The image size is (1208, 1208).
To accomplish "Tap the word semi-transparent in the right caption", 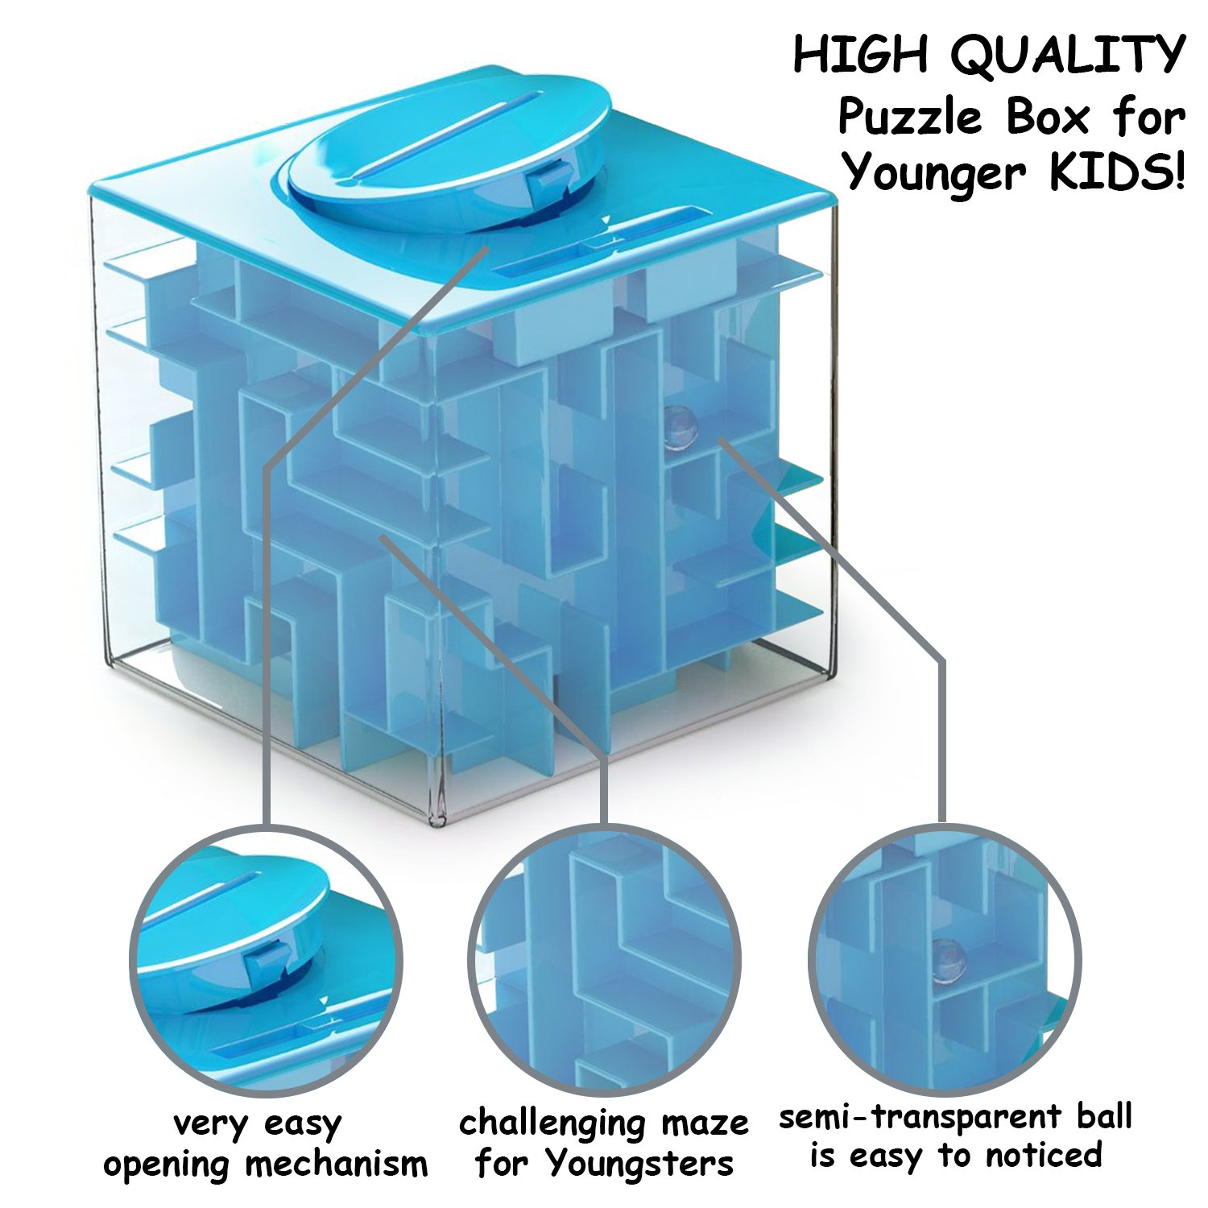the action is pyautogui.click(x=920, y=1118).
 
